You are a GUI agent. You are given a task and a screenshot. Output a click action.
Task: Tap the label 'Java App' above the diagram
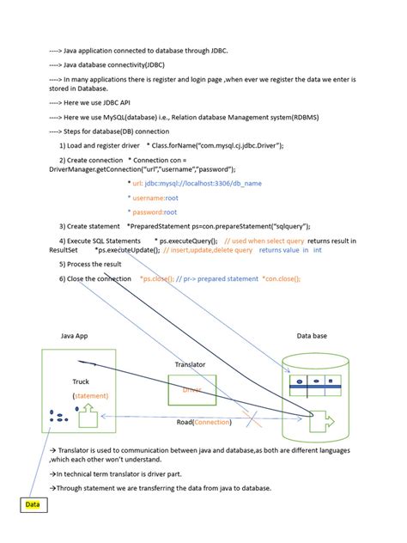(x=75, y=337)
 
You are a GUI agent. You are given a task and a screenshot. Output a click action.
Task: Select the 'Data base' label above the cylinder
(x=312, y=337)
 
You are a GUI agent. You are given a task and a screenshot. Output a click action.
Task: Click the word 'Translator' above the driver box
(x=190, y=364)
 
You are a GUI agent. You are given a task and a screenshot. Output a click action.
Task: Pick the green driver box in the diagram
(x=191, y=389)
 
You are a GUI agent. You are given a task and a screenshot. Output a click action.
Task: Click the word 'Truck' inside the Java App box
(x=82, y=381)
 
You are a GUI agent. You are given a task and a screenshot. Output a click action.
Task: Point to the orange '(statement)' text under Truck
(x=90, y=395)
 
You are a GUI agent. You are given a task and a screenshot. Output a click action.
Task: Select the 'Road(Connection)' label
(x=203, y=422)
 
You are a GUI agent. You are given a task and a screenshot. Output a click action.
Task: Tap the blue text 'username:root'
(x=152, y=197)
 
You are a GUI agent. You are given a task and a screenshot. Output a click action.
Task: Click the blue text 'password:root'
(x=152, y=211)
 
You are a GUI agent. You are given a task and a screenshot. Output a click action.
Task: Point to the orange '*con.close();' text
(x=281, y=278)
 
